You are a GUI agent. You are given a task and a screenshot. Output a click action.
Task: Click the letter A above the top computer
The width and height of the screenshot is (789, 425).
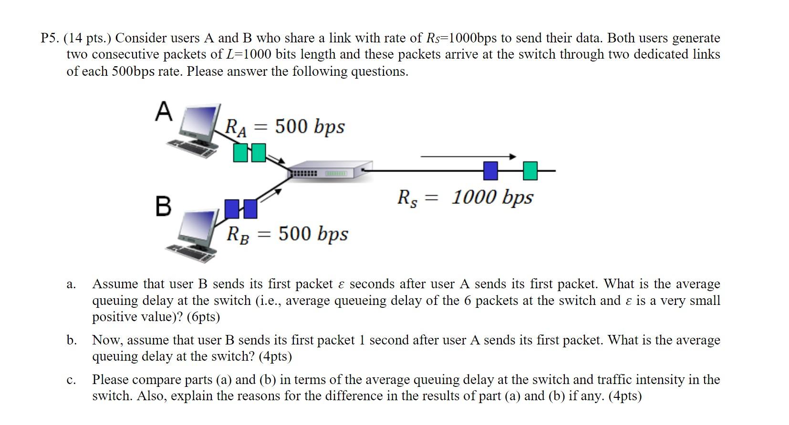[164, 112]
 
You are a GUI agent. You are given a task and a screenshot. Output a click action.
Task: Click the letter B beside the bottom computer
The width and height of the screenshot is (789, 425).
[163, 206]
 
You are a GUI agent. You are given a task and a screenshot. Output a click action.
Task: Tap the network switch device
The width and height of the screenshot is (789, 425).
[329, 171]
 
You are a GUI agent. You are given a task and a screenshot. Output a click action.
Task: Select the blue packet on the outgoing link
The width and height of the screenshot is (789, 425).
[490, 171]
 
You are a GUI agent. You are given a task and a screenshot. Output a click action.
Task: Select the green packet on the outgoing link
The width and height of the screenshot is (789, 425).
[530, 171]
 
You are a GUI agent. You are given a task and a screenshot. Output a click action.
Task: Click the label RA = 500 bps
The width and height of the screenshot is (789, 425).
[284, 127]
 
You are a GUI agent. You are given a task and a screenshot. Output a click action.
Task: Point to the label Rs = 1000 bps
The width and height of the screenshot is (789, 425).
[466, 197]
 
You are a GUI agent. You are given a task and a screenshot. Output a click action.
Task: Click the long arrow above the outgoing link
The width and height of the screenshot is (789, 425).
[467, 156]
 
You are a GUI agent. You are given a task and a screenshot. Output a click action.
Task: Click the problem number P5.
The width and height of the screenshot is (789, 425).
[50, 38]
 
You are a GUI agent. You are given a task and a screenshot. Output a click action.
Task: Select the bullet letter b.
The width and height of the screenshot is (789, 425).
[71, 340]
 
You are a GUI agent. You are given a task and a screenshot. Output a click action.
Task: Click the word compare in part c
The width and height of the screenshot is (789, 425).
[158, 380]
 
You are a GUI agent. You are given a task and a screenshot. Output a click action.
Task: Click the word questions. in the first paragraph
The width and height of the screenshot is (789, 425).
[380, 71]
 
